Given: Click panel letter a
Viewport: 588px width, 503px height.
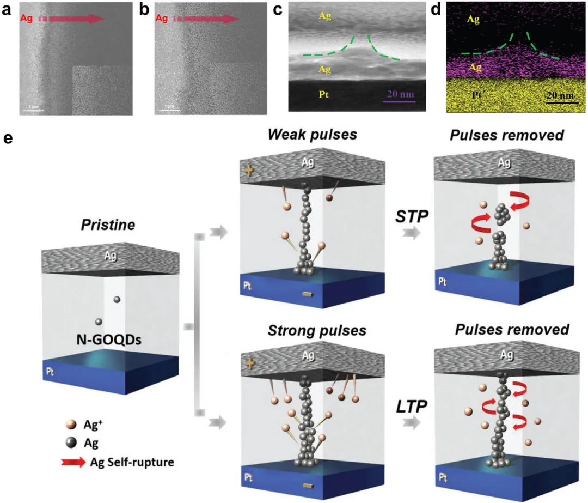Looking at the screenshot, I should point(7,9).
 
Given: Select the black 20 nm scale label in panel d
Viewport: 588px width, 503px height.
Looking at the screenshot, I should point(559,94).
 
